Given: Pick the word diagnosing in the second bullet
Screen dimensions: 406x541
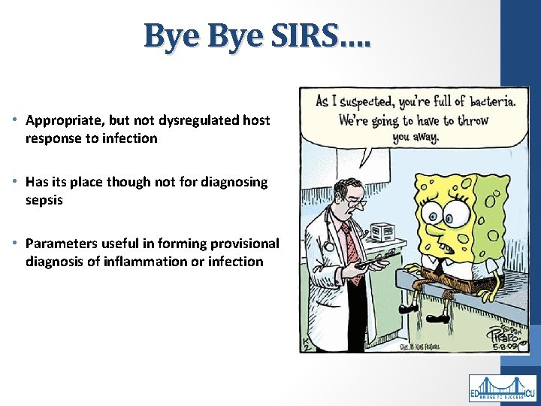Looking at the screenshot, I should coord(234,182).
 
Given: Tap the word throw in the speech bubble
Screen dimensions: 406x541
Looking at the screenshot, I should coord(474,120).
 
